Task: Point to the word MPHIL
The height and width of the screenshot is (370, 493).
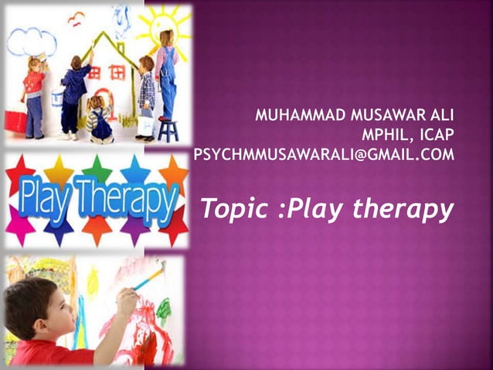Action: click(377, 136)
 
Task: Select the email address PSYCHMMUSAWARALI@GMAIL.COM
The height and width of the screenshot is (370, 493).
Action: click(324, 156)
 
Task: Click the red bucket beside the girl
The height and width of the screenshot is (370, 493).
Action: click(15, 121)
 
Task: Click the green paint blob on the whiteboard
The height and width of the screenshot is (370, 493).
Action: click(163, 310)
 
